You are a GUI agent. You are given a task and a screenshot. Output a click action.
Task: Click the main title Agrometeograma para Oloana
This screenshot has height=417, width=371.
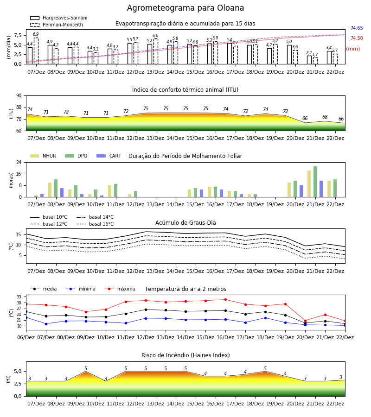[x=185, y=8]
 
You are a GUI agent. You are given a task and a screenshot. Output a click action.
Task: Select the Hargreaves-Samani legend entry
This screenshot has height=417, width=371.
[x=59, y=18]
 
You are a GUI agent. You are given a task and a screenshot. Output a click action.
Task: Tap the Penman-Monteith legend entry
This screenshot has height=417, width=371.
[x=57, y=25]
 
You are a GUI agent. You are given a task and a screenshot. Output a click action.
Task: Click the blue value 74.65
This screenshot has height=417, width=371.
[x=357, y=28]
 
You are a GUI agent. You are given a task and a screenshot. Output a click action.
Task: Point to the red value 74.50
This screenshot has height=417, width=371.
[x=357, y=38]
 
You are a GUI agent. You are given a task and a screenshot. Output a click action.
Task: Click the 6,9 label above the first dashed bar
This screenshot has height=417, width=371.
[x=36, y=34]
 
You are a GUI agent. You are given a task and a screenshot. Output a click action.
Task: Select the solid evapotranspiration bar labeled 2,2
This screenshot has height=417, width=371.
[x=309, y=60]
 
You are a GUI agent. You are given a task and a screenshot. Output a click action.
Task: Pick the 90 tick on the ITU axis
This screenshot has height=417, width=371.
[x=19, y=96]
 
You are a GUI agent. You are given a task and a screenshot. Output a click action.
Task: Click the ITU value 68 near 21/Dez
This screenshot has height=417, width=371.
[x=325, y=117]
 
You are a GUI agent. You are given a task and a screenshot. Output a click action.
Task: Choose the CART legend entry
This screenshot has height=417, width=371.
[x=109, y=156]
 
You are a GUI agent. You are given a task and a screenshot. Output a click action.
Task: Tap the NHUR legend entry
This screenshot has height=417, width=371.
[x=43, y=156]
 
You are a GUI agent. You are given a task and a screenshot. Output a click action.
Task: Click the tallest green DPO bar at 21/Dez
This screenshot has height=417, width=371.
[x=315, y=182]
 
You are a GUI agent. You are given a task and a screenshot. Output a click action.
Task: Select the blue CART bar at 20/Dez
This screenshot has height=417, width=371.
[x=301, y=191]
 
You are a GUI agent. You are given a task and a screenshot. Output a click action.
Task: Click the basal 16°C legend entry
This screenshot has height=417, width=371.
[x=95, y=224]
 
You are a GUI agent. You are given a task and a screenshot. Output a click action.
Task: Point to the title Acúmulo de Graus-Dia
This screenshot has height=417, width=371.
[x=185, y=223]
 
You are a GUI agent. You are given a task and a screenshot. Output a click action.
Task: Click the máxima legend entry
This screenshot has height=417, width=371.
[x=120, y=289]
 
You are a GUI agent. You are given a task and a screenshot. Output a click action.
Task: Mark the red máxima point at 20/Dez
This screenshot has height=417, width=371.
[x=305, y=321]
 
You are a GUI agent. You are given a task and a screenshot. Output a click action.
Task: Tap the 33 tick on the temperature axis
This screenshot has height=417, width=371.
[x=19, y=297]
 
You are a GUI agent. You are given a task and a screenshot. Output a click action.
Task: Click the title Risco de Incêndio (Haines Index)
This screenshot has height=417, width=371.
[x=185, y=355]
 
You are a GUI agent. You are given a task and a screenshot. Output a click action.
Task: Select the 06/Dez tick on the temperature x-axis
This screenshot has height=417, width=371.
[x=26, y=337]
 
